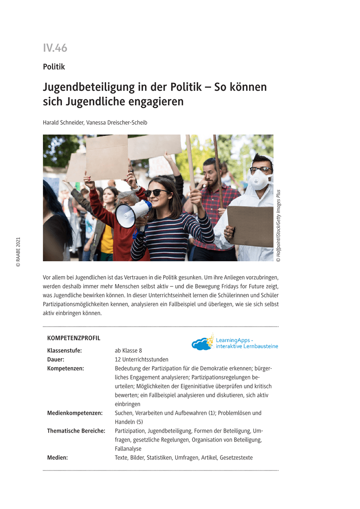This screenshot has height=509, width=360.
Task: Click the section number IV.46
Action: [x=55, y=48]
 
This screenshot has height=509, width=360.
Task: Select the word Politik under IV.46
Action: [x=54, y=67]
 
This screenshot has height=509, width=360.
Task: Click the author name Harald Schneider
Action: [x=64, y=123]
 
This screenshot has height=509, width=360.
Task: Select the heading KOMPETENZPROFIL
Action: [x=74, y=338]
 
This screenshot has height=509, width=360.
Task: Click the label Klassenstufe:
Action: [x=64, y=350]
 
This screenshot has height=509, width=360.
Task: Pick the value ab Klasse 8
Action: [x=128, y=350]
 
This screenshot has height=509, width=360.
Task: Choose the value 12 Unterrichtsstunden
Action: [x=141, y=359]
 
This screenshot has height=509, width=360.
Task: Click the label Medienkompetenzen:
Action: [x=74, y=413]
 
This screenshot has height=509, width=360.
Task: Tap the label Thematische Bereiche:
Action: [x=76, y=431]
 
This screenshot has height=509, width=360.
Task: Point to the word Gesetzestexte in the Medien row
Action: [x=237, y=457]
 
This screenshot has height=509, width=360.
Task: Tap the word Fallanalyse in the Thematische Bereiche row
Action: [x=128, y=448]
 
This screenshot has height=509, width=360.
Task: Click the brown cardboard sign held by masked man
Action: [x=250, y=225]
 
